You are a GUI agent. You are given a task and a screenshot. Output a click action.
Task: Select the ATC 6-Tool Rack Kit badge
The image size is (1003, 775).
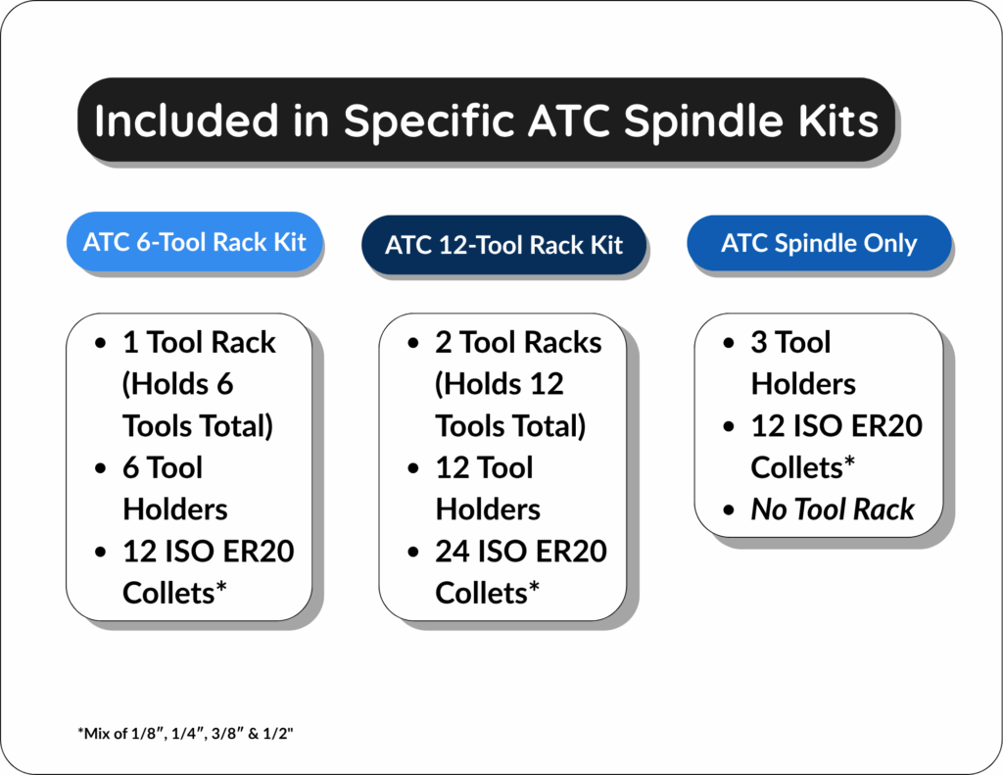click(x=195, y=241)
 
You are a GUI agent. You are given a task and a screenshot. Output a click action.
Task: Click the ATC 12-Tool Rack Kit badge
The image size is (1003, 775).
click(x=503, y=245)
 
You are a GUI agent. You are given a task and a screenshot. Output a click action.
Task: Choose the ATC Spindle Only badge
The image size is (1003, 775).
click(x=819, y=243)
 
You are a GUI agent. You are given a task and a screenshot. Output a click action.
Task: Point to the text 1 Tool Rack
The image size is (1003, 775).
click(x=199, y=343)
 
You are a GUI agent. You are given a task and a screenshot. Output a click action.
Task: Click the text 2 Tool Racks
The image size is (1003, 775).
click(x=518, y=343)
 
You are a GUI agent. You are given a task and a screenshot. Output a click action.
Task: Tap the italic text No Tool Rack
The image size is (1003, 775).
click(x=832, y=509)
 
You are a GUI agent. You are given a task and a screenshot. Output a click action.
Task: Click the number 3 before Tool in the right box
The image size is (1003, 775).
click(x=759, y=343)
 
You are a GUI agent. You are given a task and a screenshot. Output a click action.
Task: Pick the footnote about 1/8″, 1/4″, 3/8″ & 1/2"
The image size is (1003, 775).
click(x=185, y=732)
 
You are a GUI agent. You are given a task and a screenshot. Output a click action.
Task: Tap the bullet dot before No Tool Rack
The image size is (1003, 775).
click(x=730, y=510)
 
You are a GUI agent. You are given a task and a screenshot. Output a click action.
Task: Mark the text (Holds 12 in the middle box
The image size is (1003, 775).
click(x=500, y=384)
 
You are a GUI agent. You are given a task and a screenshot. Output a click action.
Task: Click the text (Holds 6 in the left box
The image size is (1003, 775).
click(x=177, y=384)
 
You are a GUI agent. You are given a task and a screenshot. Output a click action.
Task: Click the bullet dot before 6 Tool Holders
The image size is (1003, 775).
click(x=102, y=469)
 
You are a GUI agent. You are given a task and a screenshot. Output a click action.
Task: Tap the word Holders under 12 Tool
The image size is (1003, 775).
click(x=488, y=509)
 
